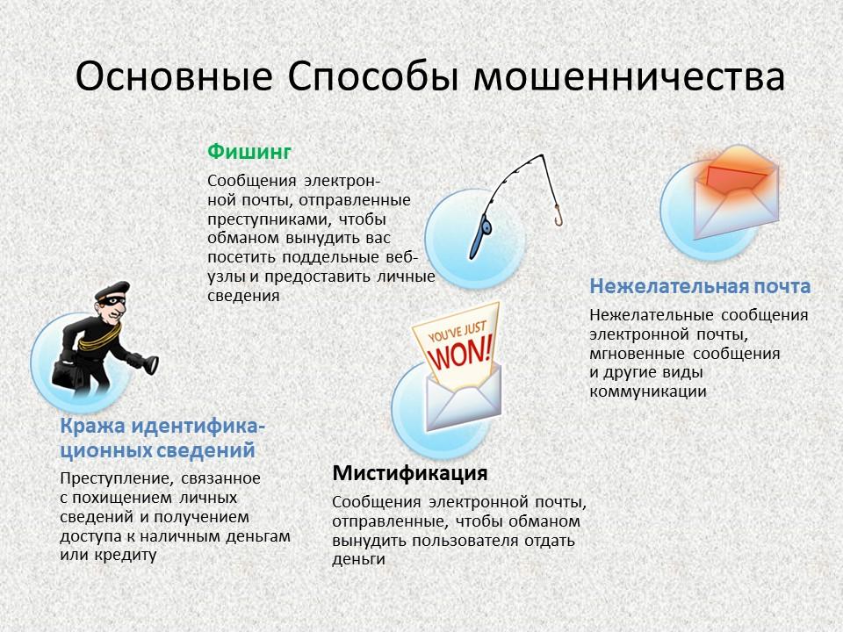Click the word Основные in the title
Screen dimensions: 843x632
point(174,77)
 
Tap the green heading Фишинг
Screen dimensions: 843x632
point(249,152)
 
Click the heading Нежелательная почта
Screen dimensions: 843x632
point(700,286)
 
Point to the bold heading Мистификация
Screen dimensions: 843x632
point(410,473)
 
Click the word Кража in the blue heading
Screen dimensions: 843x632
point(92,427)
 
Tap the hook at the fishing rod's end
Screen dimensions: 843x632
point(558,216)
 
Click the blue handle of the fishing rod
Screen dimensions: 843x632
point(480,236)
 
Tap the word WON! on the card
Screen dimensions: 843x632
point(461,352)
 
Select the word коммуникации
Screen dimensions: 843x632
point(648,391)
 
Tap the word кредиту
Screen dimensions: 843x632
point(126,555)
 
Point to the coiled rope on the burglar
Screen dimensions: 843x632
point(99,338)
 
